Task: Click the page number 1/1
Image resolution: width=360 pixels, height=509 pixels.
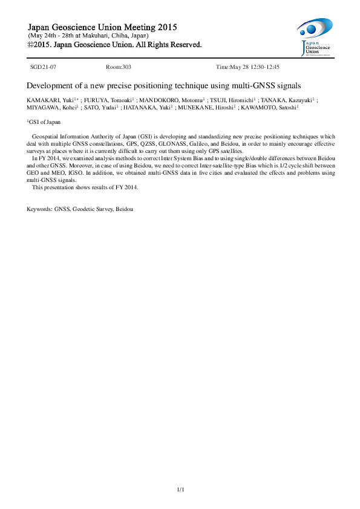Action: click(x=180, y=488)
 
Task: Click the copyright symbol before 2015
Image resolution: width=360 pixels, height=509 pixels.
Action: click(x=31, y=45)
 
